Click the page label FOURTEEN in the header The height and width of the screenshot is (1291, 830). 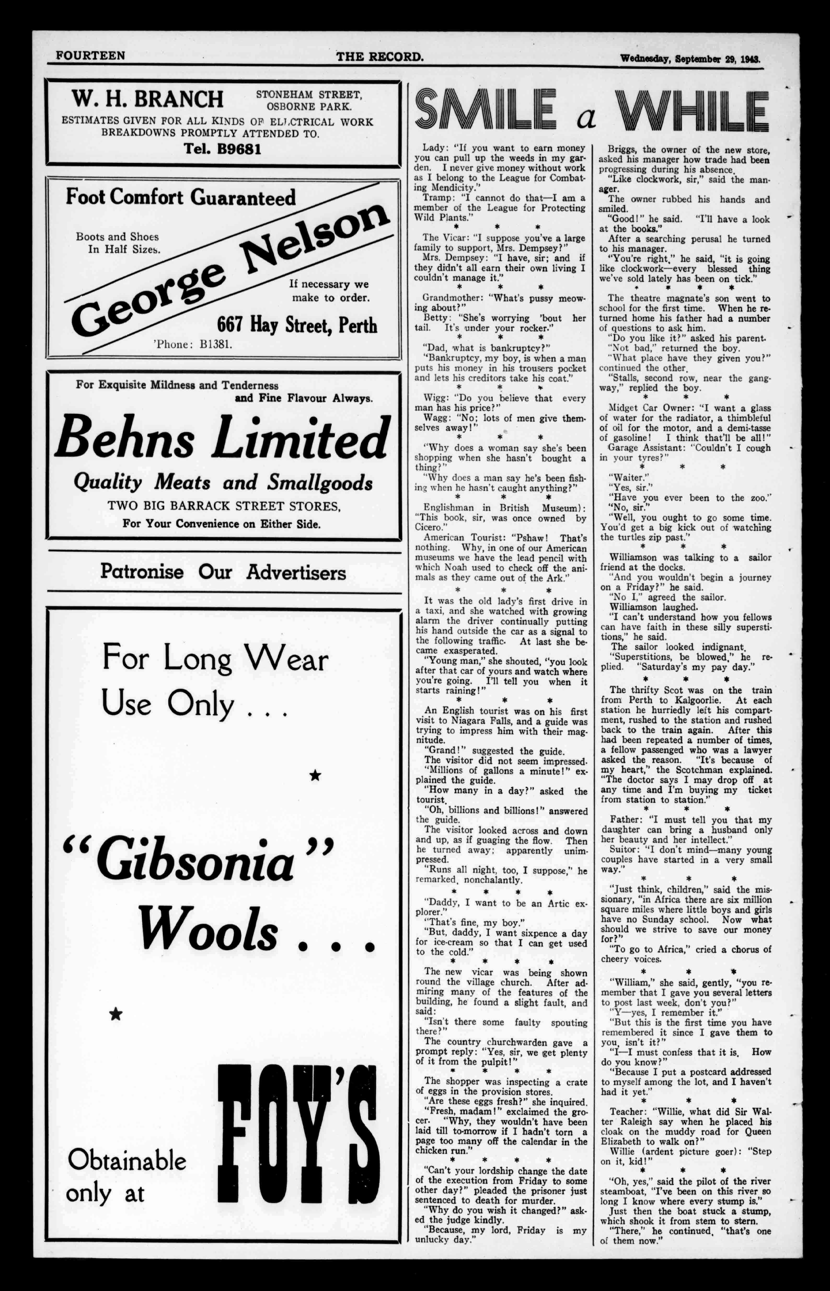point(90,55)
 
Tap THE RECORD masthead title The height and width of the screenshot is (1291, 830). point(379,56)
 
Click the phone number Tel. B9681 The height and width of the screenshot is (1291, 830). point(222,149)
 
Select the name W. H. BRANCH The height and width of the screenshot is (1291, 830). point(147,99)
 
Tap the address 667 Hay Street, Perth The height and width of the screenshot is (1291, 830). point(297,325)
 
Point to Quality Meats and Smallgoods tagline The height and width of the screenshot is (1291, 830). point(223,482)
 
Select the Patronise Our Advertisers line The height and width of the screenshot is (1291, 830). point(223,572)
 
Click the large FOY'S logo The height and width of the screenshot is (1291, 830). point(298,1144)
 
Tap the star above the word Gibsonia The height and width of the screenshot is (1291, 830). point(315,775)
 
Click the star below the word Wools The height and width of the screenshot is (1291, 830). point(115,1014)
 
